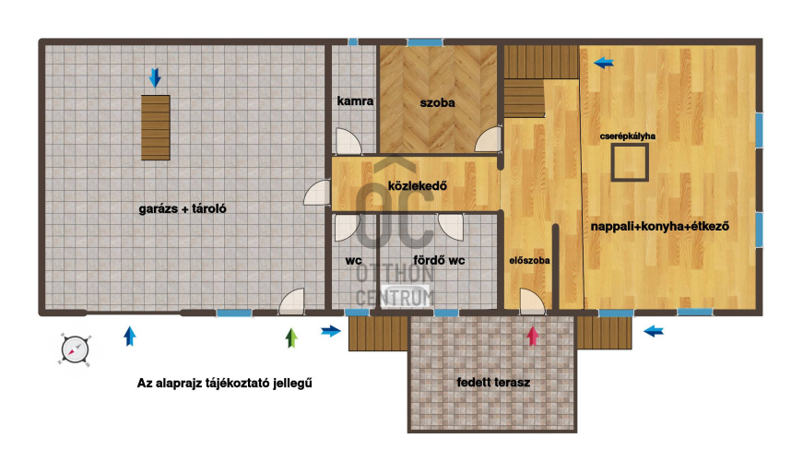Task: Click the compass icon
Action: pos(75,349)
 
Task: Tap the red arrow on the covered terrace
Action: pos(533,336)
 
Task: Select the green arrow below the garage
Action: pos(291,338)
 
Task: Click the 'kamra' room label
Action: pos(355,100)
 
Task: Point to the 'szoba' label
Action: pos(437,103)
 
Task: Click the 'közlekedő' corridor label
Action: pos(418,185)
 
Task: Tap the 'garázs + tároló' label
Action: pos(183,208)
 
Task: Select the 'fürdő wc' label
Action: pos(439,260)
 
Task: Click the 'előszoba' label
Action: pos(529,261)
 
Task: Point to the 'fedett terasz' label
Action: pos(493,383)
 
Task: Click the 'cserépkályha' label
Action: pos(628,136)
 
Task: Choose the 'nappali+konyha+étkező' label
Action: pos(660,227)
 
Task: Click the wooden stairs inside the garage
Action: pos(156,127)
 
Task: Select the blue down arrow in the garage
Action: pos(155,77)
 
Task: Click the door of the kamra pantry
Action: pos(348,141)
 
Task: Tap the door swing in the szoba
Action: pos(489,139)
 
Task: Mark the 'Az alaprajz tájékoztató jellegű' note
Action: pos(225,384)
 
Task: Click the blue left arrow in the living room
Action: pos(603,63)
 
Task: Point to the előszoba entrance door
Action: pos(533,301)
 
